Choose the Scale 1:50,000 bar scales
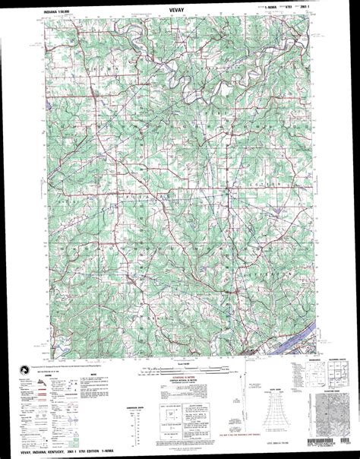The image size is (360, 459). point(179,370)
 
